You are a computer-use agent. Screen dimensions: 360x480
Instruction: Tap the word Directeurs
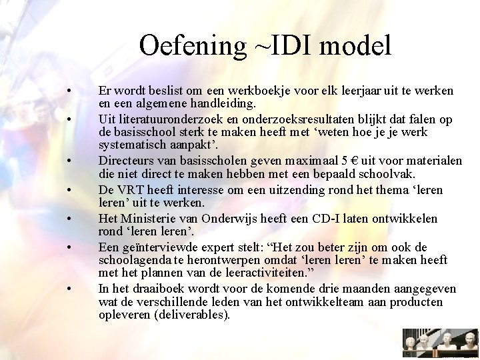(x=127, y=161)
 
